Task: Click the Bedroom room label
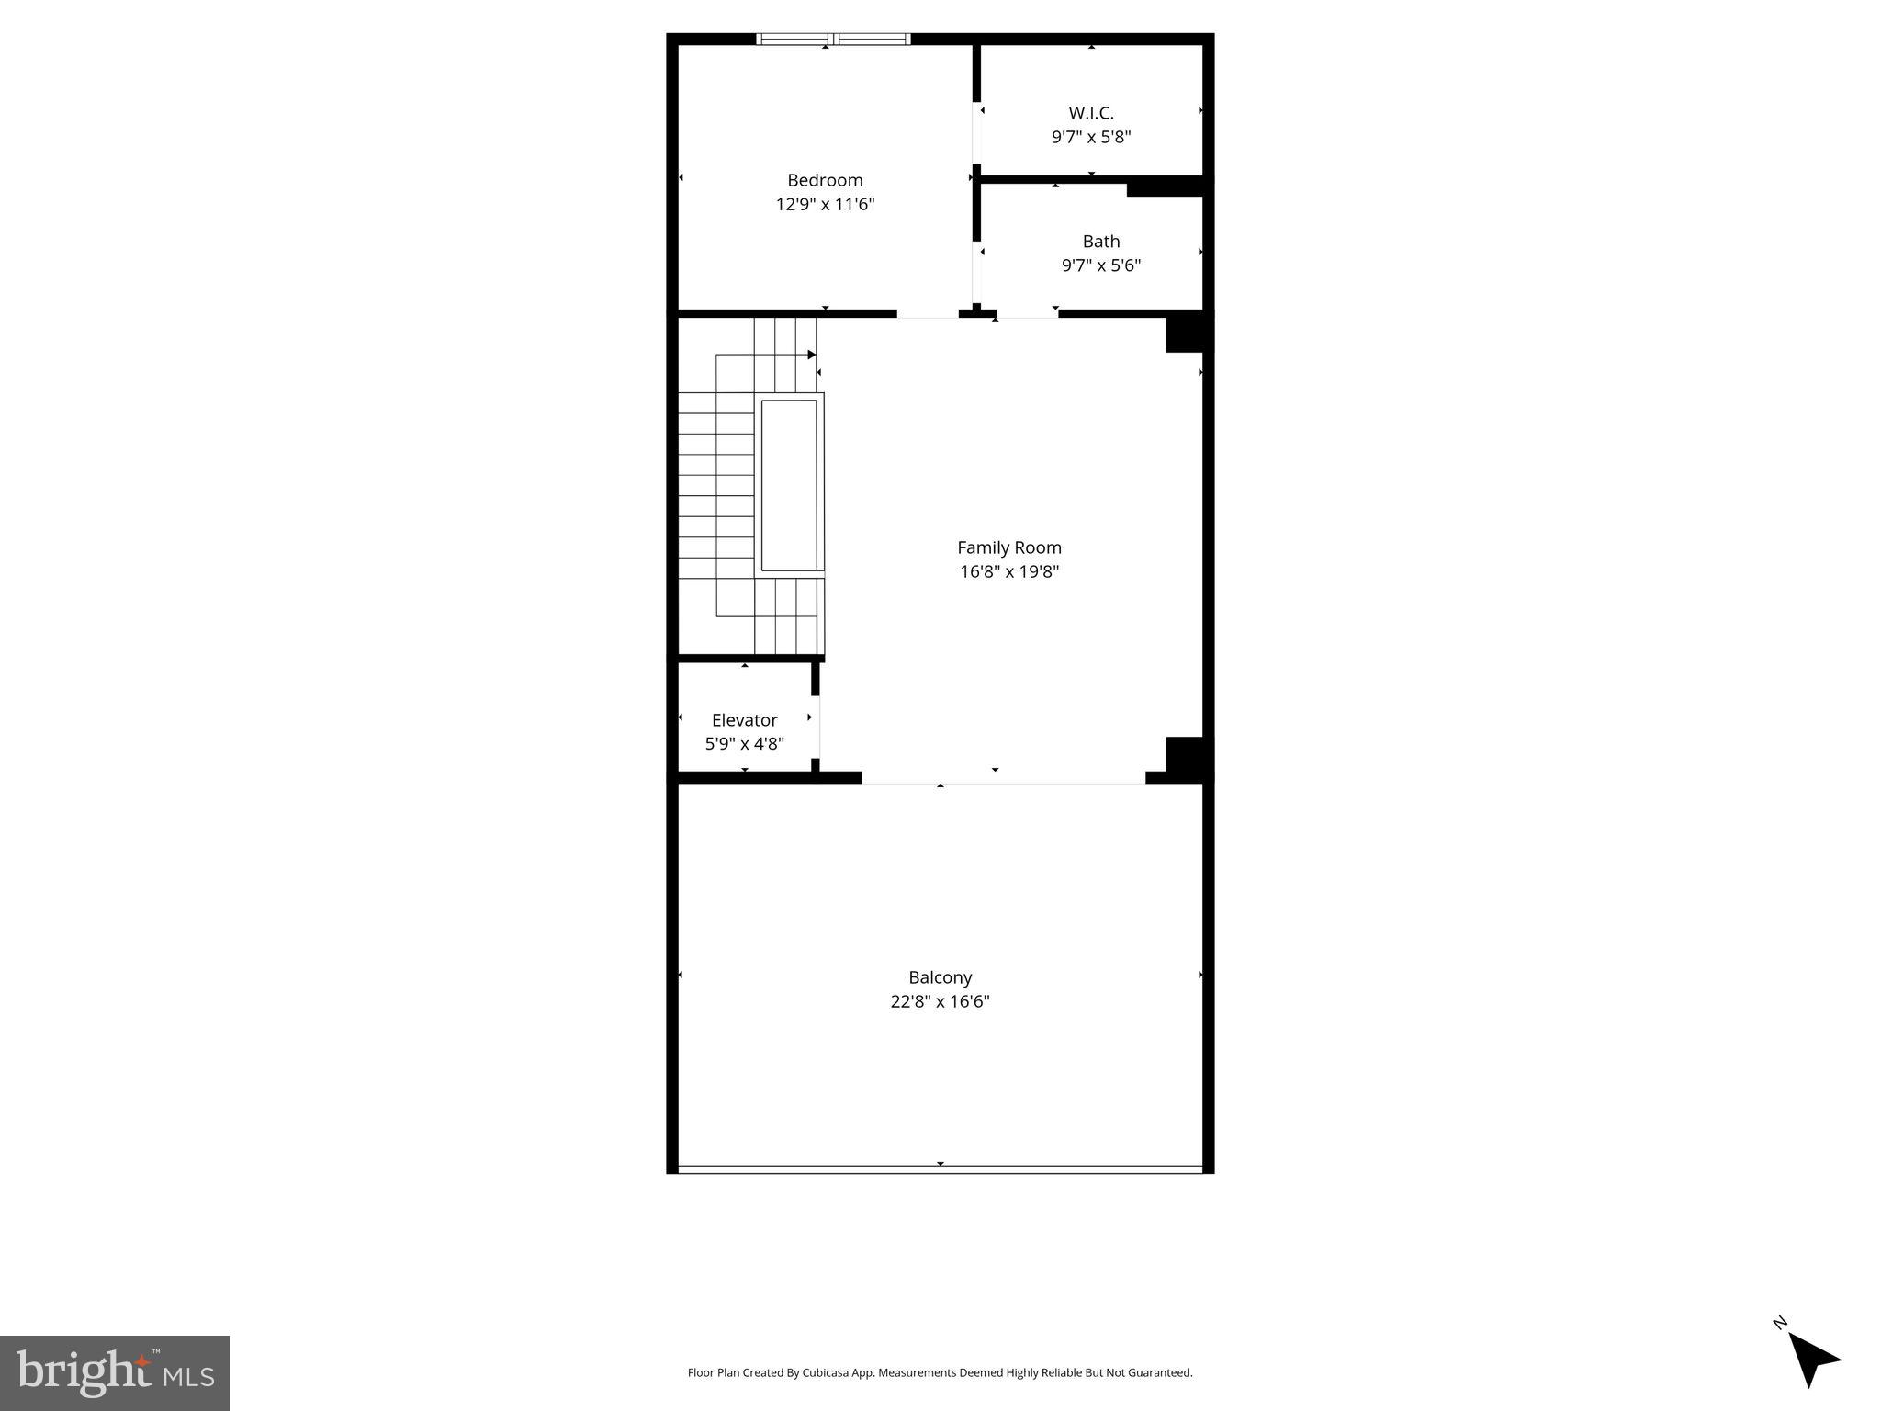(x=825, y=180)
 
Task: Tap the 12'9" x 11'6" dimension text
(x=825, y=204)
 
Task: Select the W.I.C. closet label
(x=1091, y=113)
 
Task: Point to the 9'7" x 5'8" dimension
(x=1091, y=137)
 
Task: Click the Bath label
(x=1100, y=242)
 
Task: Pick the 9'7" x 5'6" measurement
(x=1100, y=265)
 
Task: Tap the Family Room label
(x=1008, y=547)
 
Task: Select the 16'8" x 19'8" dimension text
(x=1008, y=571)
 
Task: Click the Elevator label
(x=744, y=720)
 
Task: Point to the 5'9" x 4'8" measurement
(x=744, y=744)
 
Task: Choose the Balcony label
(x=940, y=977)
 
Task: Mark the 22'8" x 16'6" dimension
(x=940, y=1001)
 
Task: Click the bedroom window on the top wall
(x=833, y=39)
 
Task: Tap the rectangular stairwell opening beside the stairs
(x=789, y=485)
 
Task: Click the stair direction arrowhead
(x=812, y=355)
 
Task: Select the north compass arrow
(x=1813, y=1359)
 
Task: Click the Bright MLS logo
(x=115, y=1372)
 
